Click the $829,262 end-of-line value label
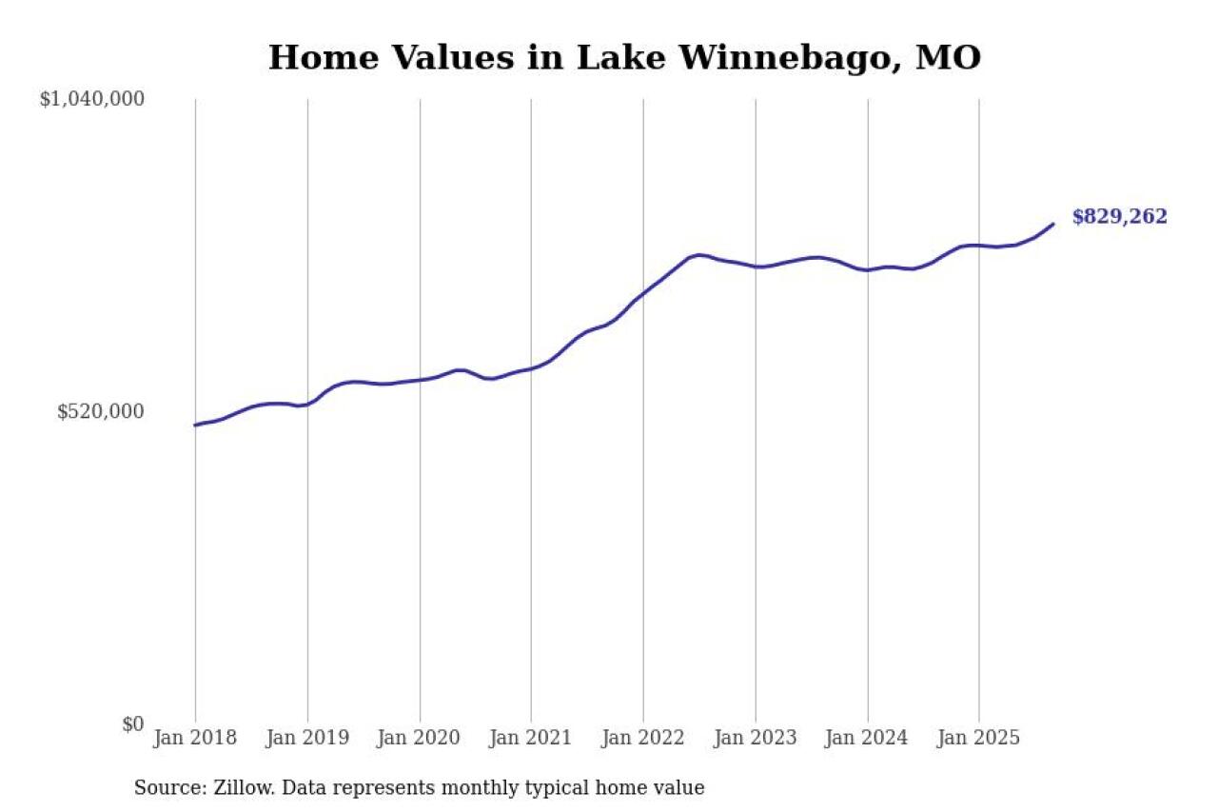(1119, 217)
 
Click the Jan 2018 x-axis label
(195, 738)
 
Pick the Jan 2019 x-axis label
(307, 738)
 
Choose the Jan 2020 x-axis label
(420, 738)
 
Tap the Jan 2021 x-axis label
(531, 738)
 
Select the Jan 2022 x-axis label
(643, 738)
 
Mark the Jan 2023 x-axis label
(756, 738)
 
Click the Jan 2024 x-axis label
(867, 738)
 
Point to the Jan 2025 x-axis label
(979, 738)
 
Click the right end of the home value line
(1053, 224)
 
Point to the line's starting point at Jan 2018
(195, 425)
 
